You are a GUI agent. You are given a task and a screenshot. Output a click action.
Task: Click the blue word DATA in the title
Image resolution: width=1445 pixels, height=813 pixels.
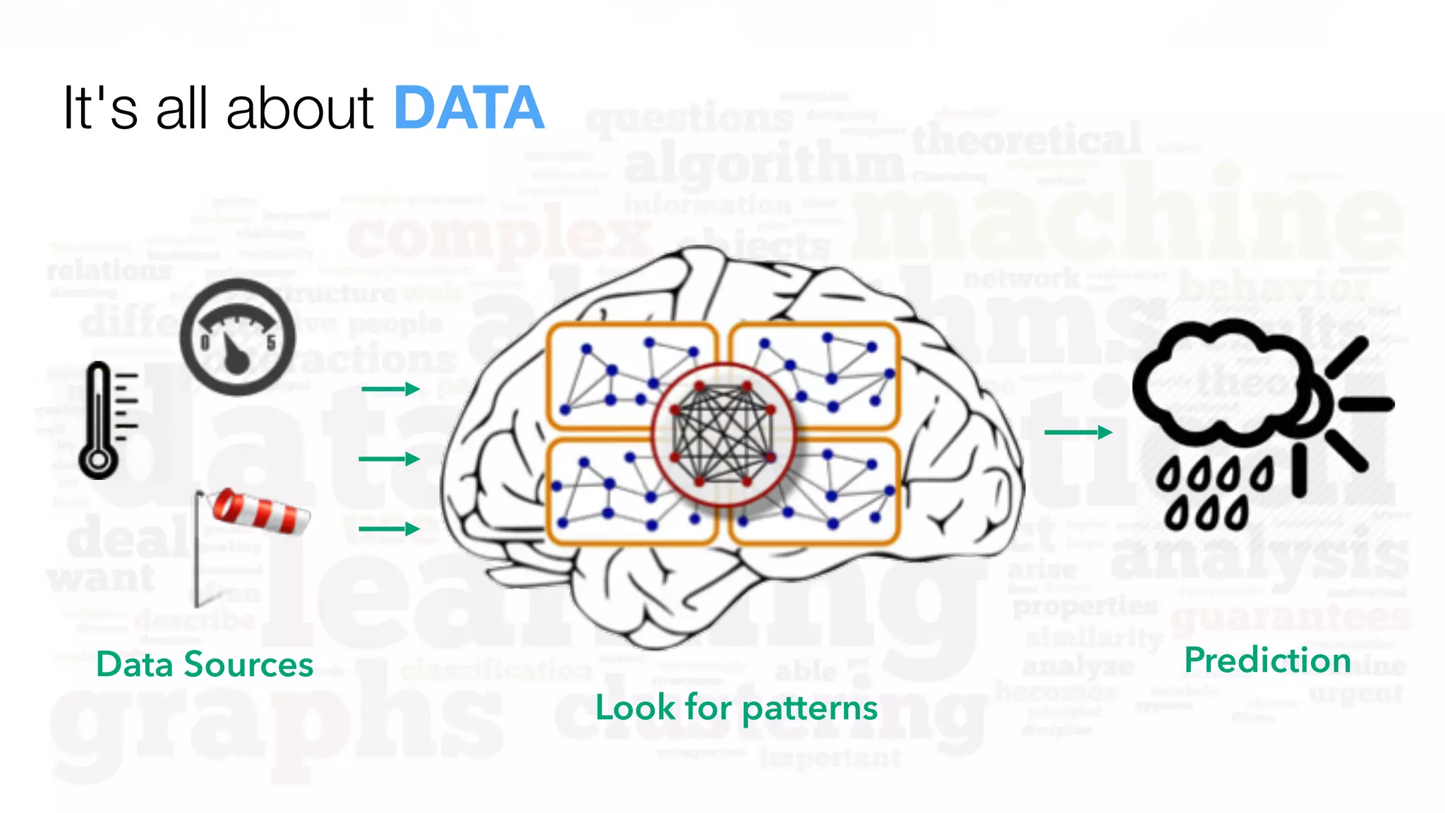point(468,108)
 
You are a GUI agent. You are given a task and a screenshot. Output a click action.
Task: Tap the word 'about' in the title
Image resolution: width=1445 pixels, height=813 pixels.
point(299,109)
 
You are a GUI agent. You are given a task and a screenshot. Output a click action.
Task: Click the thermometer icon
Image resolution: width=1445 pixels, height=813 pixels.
point(102,421)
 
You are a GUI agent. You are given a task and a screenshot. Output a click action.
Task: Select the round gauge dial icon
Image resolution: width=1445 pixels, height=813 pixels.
point(237,337)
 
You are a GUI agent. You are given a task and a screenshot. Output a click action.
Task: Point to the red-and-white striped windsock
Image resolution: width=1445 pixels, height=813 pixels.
point(260,510)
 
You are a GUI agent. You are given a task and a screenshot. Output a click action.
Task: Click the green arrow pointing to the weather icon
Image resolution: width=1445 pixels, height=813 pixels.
point(1077,432)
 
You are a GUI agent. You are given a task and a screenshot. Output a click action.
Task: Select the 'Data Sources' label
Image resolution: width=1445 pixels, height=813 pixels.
point(205,665)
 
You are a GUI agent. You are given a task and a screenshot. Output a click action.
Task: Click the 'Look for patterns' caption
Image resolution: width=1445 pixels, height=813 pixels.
point(736,708)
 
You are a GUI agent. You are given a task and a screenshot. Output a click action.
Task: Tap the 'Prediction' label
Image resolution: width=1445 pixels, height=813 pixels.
point(1267,661)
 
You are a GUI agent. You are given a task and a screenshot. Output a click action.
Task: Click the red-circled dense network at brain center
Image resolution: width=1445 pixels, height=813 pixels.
point(722,435)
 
